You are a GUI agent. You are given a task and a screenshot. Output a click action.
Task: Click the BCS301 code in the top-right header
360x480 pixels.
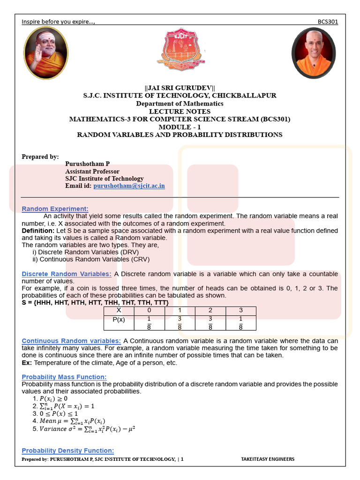point(328,22)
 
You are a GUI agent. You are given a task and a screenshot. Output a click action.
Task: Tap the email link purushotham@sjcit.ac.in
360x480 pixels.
point(129,186)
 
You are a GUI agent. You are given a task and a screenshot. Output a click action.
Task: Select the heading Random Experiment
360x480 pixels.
point(55,209)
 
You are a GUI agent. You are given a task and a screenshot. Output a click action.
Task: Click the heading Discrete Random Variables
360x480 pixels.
point(67,274)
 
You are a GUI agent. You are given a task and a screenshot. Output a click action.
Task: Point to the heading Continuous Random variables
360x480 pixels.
point(71,341)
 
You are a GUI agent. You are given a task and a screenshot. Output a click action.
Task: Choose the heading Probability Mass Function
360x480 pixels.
point(64,377)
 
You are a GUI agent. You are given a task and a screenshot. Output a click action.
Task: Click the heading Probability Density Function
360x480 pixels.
point(67,450)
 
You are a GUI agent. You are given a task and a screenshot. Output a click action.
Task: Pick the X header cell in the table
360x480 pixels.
point(119,310)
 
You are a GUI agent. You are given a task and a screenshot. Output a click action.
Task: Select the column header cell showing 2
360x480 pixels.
point(210,310)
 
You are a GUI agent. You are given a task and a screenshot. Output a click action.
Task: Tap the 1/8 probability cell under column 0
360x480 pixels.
point(149,322)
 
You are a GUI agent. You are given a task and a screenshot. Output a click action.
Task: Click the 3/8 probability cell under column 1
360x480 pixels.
point(180,322)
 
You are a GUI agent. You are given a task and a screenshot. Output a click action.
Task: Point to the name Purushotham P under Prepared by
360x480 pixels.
point(87,164)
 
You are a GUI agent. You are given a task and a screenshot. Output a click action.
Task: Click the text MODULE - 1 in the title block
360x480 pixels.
point(180,127)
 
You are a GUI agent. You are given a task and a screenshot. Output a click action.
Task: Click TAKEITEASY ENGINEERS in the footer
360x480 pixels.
point(267,459)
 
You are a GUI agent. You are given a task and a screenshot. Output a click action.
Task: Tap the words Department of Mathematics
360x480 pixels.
point(180,103)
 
